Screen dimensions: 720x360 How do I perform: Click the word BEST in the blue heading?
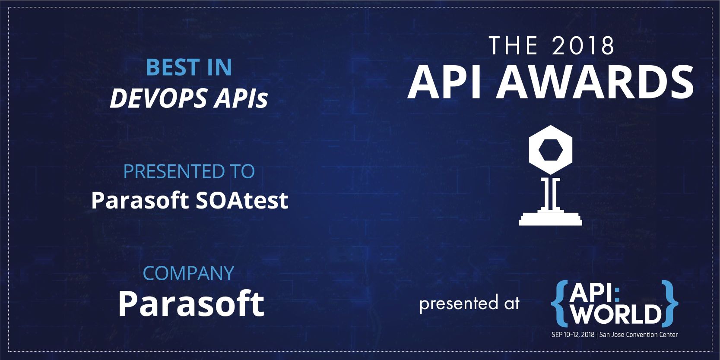[173, 67]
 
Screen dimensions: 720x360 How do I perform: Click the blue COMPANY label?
[188, 273]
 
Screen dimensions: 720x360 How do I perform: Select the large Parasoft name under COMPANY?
[191, 303]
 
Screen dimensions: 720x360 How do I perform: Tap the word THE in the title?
[513, 46]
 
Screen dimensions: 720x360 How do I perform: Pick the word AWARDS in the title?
[595, 82]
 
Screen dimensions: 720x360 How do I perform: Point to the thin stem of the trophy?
[550, 193]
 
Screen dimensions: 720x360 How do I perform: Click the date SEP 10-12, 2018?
[573, 335]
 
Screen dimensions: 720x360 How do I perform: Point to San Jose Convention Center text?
[639, 335]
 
